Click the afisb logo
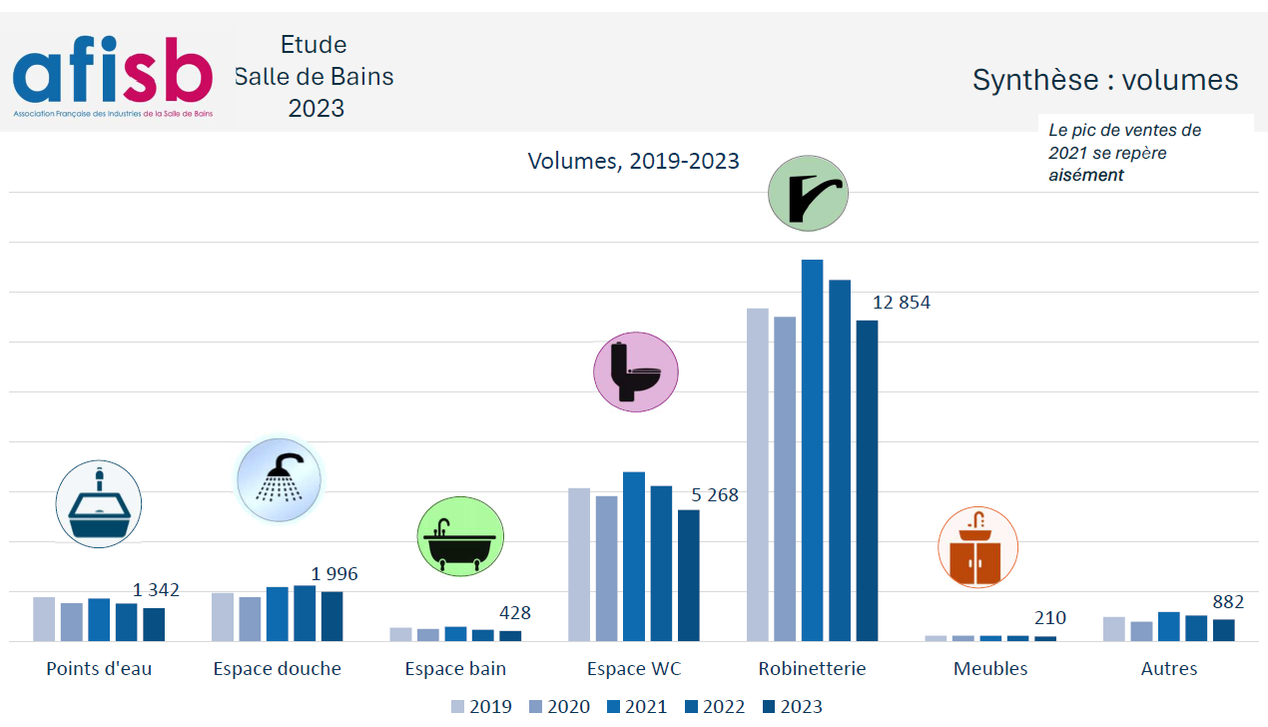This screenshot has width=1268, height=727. [113, 73]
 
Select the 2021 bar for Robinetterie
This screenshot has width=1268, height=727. [812, 449]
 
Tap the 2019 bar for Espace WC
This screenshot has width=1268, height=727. [579, 564]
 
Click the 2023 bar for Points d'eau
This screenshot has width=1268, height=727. [154, 624]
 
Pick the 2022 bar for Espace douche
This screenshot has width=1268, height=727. [305, 613]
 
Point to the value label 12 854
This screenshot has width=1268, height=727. [901, 303]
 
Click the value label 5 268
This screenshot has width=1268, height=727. [715, 495]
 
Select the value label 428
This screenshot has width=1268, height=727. [514, 613]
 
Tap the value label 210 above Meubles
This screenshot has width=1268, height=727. [1050, 618]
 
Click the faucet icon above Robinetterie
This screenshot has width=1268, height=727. [808, 194]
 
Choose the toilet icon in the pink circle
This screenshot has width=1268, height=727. [636, 372]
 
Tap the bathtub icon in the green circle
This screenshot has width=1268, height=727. [459, 537]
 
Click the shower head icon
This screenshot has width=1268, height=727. [279, 480]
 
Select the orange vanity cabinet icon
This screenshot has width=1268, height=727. [977, 547]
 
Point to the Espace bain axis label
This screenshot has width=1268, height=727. [455, 669]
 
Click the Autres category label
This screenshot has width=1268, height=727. [1168, 669]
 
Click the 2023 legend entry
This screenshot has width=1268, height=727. [792, 707]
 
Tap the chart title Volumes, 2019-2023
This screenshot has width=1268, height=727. [633, 161]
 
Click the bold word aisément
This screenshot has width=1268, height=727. [1085, 176]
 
